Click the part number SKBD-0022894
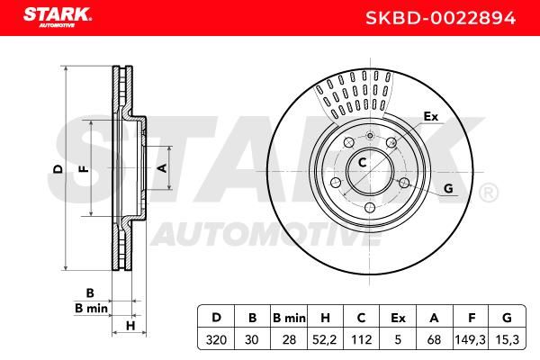pyautogui.click(x=440, y=18)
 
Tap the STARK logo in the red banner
pyautogui.click(x=58, y=17)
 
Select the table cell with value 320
pyautogui.click(x=216, y=339)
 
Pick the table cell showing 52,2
pyautogui.click(x=325, y=339)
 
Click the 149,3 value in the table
pyautogui.click(x=471, y=339)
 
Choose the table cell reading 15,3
pyautogui.click(x=508, y=339)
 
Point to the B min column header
pyautogui.click(x=289, y=318)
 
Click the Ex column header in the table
pyautogui.click(x=398, y=318)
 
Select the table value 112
pyautogui.click(x=361, y=339)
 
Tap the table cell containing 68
pyautogui.click(x=435, y=339)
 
